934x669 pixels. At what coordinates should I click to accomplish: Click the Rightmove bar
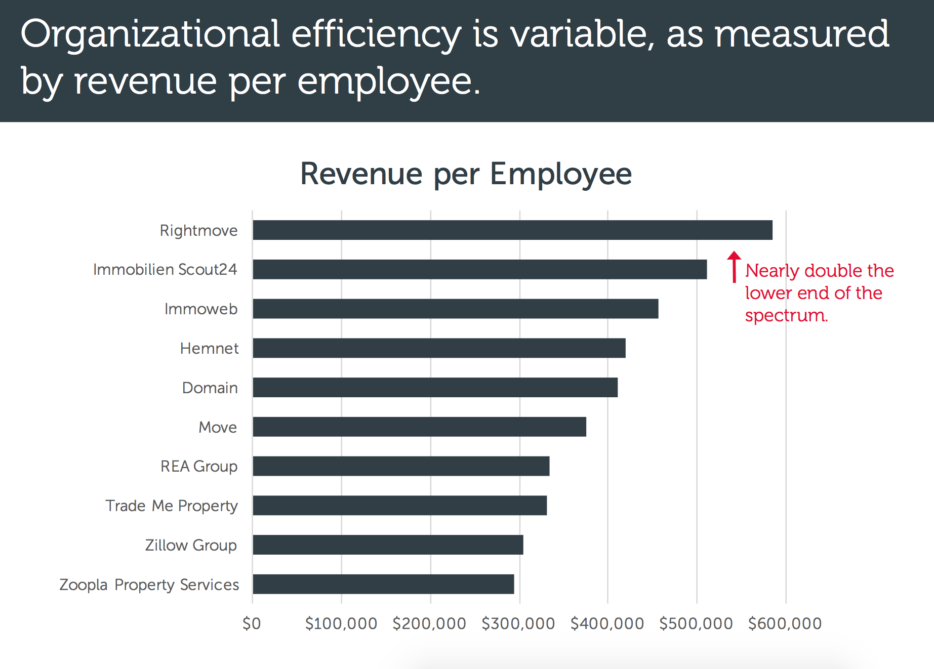pos(512,230)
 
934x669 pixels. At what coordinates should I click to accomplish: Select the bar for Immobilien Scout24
pos(479,269)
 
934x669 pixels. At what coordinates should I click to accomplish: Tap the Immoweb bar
pos(455,309)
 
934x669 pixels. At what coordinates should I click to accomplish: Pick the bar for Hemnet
pos(439,348)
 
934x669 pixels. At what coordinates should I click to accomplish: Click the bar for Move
pos(419,427)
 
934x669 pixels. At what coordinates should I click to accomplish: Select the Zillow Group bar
pos(388,545)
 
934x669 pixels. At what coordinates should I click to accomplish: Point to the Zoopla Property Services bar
pos(383,584)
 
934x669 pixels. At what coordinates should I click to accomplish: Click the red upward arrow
pos(734,266)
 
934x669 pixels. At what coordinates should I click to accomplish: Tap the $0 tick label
pos(252,623)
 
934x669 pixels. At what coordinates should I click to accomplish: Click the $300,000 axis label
pos(518,623)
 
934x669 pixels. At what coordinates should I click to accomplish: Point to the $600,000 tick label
pos(785,623)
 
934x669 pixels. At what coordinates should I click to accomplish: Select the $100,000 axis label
pos(341,623)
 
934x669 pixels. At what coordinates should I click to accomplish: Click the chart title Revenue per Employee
pos(466,174)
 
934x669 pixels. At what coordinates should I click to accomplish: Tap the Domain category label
pos(210,388)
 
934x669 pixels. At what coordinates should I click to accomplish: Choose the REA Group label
pos(199,466)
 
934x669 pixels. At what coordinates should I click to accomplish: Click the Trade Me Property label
pos(172,506)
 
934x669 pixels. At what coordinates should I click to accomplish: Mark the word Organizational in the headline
pos(150,34)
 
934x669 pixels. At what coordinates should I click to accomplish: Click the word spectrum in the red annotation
pos(786,315)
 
